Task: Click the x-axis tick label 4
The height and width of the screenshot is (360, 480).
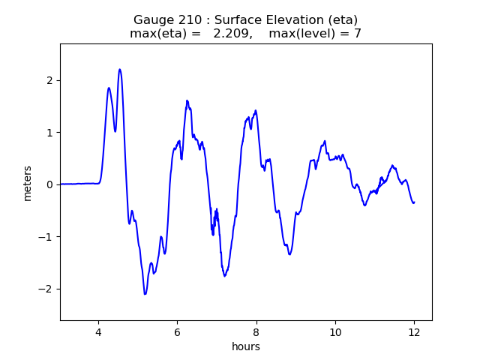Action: [97, 331]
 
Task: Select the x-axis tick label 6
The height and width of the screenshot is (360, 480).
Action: [177, 331]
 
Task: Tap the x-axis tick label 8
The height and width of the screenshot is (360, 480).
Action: [256, 331]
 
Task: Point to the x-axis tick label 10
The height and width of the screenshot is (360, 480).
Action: [335, 331]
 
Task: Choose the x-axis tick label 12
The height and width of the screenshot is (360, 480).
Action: [414, 331]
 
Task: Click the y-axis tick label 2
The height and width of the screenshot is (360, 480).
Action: [49, 80]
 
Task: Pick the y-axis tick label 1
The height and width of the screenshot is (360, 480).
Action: [49, 133]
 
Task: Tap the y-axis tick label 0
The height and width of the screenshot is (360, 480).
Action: [49, 184]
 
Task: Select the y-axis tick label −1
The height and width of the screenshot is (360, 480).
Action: [46, 237]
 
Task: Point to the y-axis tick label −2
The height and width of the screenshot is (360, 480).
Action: [46, 289]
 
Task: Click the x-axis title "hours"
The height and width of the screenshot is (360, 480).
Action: [246, 346]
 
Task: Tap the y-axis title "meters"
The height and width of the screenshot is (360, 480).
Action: [28, 183]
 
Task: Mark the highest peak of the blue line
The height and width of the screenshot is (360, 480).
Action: [119, 70]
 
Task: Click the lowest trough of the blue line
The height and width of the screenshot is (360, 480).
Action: [145, 294]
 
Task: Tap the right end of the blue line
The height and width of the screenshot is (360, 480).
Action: [414, 202]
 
